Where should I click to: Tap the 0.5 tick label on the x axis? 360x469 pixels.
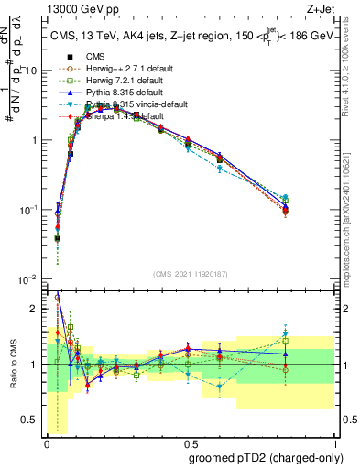point(188,442)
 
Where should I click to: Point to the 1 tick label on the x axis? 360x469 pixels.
point(331,442)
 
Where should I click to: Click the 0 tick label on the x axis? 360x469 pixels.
point(46,442)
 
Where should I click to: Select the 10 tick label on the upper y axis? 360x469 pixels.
point(30,71)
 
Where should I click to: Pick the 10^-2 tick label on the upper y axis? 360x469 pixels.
point(28,279)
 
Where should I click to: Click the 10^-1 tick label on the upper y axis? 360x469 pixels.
point(28,210)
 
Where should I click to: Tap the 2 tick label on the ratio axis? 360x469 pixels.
point(35,308)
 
